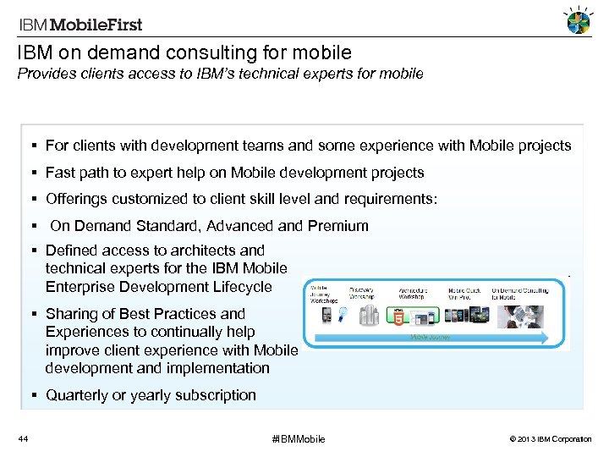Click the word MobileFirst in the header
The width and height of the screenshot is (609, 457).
[100, 25]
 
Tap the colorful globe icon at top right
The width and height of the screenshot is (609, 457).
[579, 21]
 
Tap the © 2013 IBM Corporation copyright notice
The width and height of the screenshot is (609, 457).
[548, 439]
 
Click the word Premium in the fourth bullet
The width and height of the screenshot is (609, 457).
[341, 226]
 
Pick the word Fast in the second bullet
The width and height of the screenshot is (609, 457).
[60, 173]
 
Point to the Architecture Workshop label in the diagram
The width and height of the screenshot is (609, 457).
[412, 294]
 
